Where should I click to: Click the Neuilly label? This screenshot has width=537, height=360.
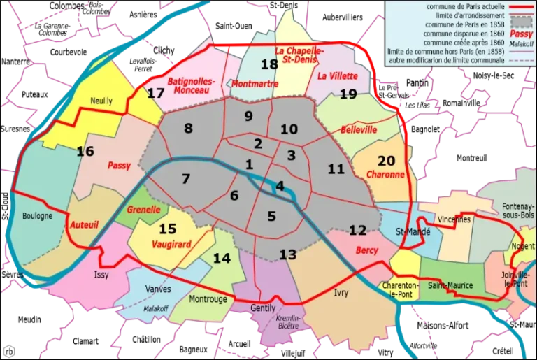[101, 101]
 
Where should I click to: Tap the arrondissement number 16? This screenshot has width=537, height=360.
[85, 151]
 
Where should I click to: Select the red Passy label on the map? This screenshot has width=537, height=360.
[120, 166]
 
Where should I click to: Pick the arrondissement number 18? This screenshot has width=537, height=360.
[269, 64]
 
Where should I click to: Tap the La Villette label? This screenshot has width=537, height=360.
[337, 75]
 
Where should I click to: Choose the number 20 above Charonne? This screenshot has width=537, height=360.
[386, 160]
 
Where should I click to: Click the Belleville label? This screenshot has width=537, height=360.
[359, 130]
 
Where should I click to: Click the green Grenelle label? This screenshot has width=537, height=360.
[144, 209]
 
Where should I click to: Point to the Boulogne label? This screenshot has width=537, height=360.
[37, 216]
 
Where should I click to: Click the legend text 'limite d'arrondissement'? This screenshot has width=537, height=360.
[457, 17]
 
